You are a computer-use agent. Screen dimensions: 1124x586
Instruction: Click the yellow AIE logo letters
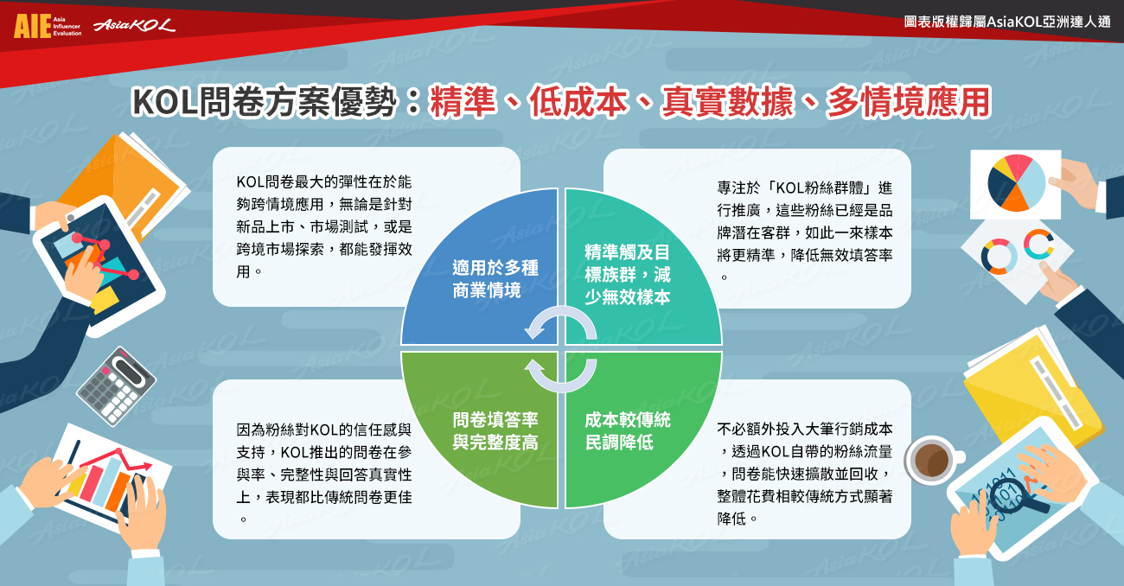pyautogui.click(x=33, y=26)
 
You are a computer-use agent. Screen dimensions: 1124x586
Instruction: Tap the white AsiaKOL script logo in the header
pyautogui.click(x=135, y=25)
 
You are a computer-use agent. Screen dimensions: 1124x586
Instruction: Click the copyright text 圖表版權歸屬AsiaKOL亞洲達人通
pyautogui.click(x=1006, y=22)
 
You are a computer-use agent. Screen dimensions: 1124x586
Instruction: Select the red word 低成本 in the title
pyautogui.click(x=578, y=102)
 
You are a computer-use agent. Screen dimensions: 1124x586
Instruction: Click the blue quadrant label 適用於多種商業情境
pyautogui.click(x=495, y=279)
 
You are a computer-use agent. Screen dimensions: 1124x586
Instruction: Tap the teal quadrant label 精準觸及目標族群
pyautogui.click(x=627, y=275)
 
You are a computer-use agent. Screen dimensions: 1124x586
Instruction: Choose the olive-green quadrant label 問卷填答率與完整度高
pyautogui.click(x=495, y=431)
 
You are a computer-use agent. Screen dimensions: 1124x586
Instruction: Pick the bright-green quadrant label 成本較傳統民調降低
pyautogui.click(x=627, y=431)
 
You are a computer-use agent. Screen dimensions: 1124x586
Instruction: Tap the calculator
pyautogui.click(x=116, y=386)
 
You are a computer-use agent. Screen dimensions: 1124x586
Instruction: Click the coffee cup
pyautogui.click(x=933, y=460)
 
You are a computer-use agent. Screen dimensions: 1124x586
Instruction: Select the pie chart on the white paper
pyautogui.click(x=1017, y=182)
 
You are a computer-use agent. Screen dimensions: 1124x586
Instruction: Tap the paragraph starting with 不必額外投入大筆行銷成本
pyautogui.click(x=805, y=474)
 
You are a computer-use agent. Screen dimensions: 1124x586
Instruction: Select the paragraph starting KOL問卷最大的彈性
pyautogui.click(x=324, y=226)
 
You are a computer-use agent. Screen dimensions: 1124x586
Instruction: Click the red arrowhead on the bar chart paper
pyautogui.click(x=146, y=466)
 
